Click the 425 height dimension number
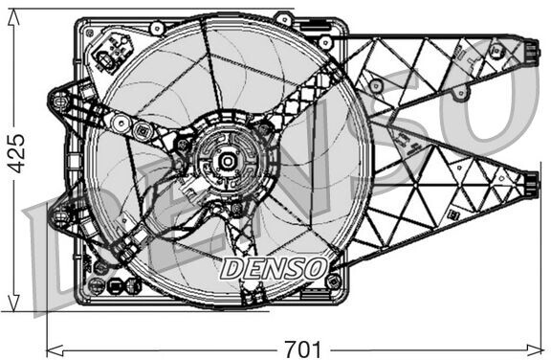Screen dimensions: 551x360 click(x=17, y=153)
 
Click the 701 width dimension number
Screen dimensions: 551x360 click(x=302, y=349)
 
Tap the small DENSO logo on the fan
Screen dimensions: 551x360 click(x=274, y=268)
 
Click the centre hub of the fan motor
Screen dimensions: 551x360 click(x=228, y=162)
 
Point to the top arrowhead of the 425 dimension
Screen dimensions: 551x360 click(x=13, y=16)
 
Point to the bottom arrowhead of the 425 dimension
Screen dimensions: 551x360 click(x=13, y=304)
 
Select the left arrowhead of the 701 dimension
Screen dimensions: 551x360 click(x=55, y=349)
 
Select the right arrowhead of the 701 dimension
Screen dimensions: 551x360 click(x=534, y=349)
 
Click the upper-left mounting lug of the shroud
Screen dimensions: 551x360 click(x=59, y=101)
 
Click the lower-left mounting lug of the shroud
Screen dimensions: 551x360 click(x=59, y=215)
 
